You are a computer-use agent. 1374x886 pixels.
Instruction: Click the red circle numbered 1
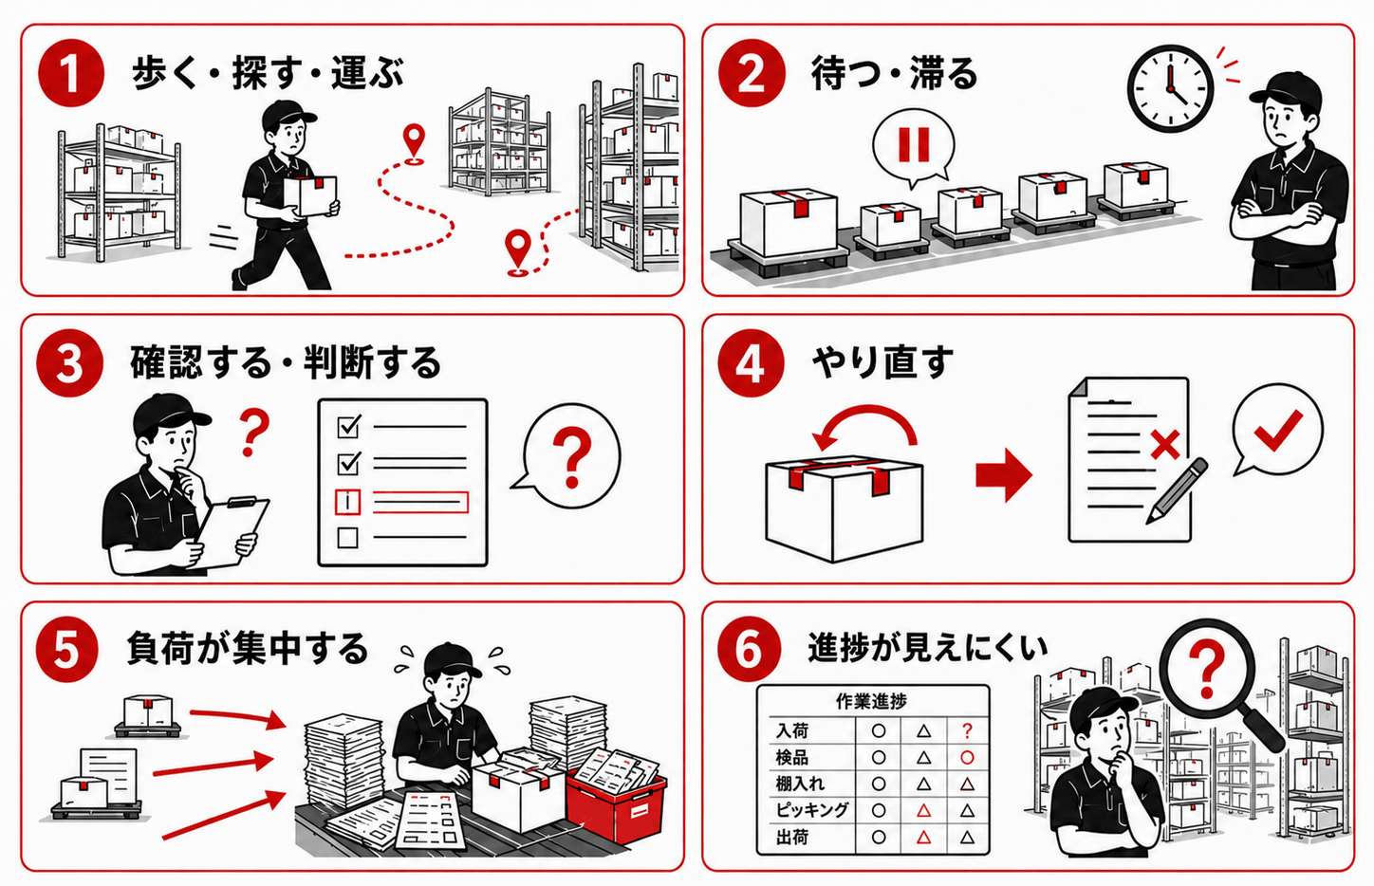tap(71, 74)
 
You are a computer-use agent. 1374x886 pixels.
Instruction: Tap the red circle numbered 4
tap(751, 363)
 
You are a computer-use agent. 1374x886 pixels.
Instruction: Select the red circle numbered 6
tap(749, 650)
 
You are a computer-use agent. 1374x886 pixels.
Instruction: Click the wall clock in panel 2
tap(1170, 88)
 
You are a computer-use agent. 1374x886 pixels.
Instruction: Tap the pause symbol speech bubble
tap(914, 147)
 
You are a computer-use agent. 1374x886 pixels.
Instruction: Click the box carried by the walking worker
tap(311, 196)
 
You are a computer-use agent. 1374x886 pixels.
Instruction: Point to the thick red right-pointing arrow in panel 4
tap(1004, 474)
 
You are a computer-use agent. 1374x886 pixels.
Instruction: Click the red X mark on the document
tap(1165, 445)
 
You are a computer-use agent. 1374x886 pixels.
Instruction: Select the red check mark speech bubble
tap(1277, 431)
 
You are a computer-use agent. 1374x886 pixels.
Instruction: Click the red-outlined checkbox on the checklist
tap(348, 502)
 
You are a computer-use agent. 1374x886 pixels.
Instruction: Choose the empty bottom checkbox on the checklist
tap(348, 538)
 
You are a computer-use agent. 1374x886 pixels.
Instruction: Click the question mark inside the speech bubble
tap(572, 458)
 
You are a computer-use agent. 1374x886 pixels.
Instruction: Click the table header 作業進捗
tap(872, 701)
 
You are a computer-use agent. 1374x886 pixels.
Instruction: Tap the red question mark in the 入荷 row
tap(967, 730)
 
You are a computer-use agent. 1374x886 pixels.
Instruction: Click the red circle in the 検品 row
tap(967, 757)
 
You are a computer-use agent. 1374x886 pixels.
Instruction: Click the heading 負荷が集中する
tap(248, 649)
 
